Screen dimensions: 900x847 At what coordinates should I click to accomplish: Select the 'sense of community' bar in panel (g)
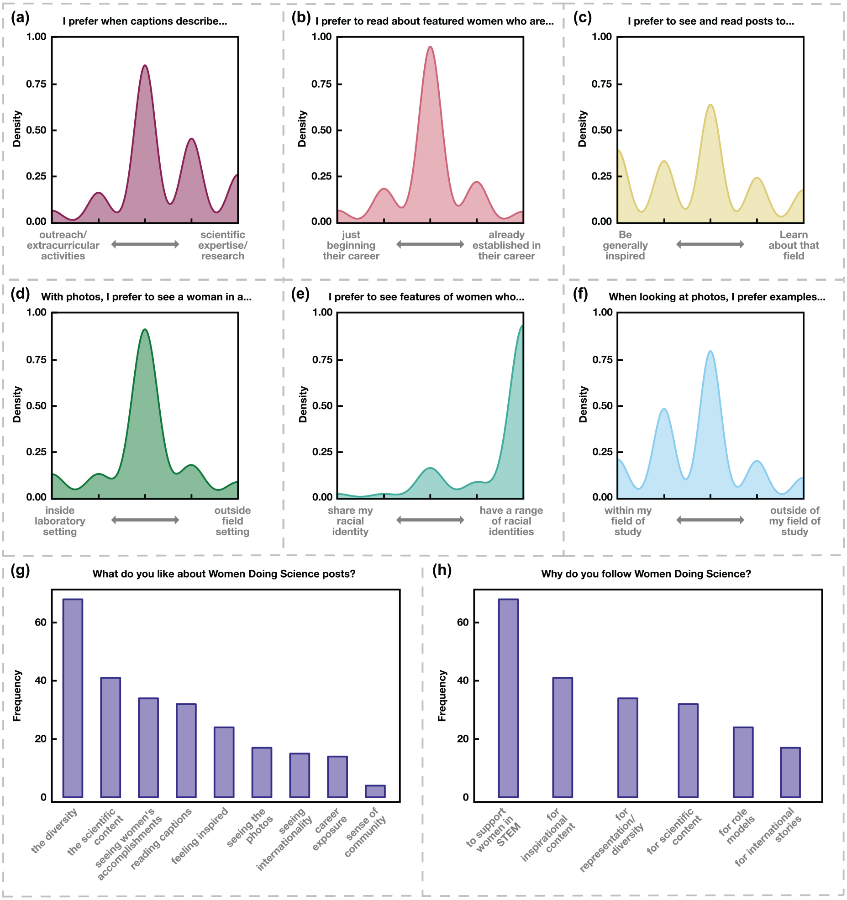375,791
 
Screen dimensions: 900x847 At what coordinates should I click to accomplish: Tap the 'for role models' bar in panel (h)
743,762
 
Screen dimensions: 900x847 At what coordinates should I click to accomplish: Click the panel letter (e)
300,294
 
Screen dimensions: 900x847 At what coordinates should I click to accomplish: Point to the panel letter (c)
582,18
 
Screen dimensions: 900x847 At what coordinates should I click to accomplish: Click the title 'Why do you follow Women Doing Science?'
646,574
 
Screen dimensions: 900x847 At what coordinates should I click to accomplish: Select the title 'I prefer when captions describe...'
145,21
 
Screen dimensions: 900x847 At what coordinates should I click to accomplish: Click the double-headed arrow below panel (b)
430,244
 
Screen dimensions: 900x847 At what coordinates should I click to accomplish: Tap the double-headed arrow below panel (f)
710,520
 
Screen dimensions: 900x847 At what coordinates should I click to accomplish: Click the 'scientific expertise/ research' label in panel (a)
222,245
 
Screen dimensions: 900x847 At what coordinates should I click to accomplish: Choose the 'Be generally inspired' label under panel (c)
625,245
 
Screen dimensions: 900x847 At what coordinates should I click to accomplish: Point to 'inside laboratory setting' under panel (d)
60,521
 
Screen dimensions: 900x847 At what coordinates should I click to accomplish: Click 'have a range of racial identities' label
511,521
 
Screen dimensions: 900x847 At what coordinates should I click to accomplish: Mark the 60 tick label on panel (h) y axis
463,622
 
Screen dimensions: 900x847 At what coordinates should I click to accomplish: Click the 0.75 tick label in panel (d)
36,360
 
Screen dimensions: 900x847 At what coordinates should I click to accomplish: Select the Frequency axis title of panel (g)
17,695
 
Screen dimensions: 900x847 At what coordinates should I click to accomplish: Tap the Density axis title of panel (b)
302,129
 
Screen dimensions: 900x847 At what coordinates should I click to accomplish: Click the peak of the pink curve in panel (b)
430,47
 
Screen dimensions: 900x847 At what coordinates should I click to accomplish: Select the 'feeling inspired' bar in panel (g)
224,762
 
